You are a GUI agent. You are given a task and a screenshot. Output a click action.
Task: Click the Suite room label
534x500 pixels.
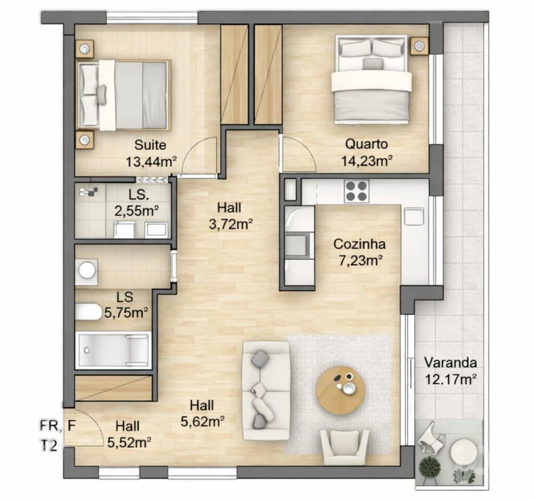click(x=150, y=145)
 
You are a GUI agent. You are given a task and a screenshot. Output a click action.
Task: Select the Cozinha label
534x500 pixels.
click(x=359, y=244)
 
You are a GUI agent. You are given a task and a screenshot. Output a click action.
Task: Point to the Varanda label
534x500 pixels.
click(x=450, y=362)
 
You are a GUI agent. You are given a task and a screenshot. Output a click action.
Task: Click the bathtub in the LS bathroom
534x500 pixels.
click(x=113, y=349)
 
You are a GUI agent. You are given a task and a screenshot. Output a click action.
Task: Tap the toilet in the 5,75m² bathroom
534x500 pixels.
click(x=89, y=313)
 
